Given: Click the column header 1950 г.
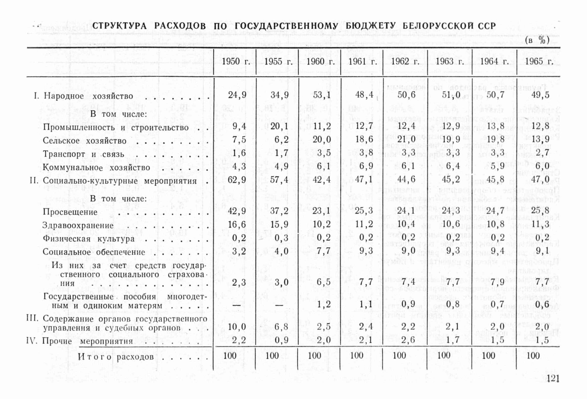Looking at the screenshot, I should coord(236,61).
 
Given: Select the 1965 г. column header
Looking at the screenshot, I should coord(538,61).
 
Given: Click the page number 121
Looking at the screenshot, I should coord(553,378).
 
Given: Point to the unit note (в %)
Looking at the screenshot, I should coord(537,40).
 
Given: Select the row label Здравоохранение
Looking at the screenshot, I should coord(78,225).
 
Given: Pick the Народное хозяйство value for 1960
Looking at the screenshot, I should coord(322,95).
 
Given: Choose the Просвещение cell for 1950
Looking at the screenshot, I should coord(237,211).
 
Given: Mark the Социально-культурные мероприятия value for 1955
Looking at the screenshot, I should coord(279,180).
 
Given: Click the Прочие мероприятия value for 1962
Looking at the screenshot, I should coord(408,340).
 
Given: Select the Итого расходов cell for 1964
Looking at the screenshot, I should coord(488,355).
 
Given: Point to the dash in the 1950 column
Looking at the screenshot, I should coord(237,305).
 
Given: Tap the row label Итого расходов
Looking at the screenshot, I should coord(115,357).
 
